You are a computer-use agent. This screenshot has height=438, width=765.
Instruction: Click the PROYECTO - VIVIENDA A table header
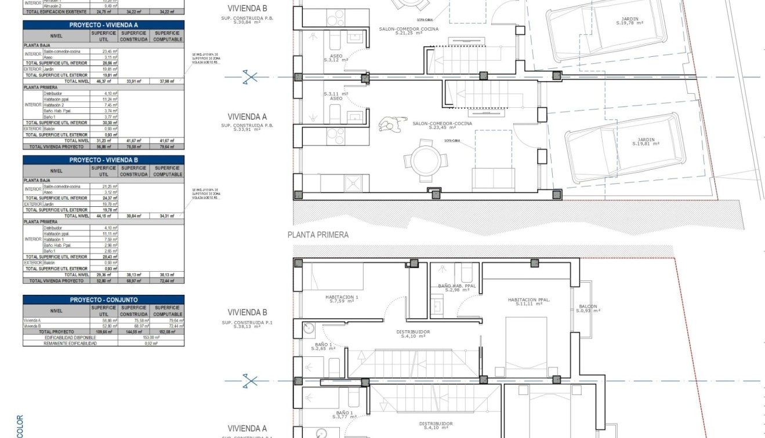coord(103,25)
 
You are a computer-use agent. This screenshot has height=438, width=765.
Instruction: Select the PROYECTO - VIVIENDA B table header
coord(103,160)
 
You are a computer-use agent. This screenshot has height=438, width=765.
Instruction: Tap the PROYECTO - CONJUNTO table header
coord(103,300)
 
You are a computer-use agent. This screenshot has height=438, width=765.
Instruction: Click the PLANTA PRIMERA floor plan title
coord(318,235)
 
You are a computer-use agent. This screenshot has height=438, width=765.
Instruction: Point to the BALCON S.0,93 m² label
coord(588,308)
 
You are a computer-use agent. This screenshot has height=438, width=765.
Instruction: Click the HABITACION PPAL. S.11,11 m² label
coord(528,302)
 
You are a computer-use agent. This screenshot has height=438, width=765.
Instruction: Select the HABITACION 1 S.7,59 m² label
coord(341,299)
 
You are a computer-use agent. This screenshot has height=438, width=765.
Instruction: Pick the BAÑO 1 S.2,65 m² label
coord(323,346)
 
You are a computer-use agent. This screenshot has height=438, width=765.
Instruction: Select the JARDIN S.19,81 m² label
coord(646,141)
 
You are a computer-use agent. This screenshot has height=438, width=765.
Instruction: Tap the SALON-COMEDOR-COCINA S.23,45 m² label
coord(442,125)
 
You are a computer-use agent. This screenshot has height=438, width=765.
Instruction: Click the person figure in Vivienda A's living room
coord(387,125)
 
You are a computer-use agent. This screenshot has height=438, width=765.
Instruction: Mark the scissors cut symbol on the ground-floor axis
coord(250,76)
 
